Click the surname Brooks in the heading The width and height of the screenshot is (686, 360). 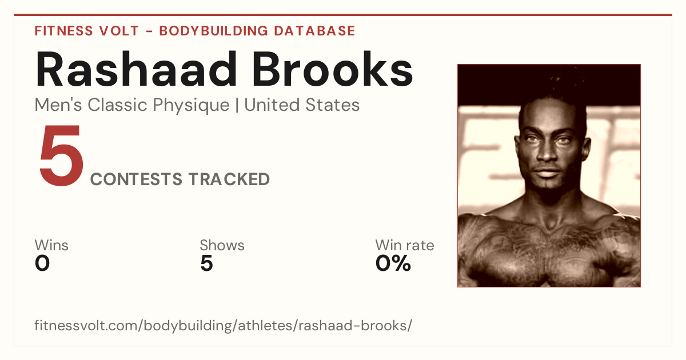click(333, 69)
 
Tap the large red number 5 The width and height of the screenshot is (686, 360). click(62, 155)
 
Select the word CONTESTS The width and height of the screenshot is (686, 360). click(136, 179)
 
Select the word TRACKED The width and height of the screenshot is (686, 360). click(229, 179)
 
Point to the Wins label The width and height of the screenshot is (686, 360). click(51, 245)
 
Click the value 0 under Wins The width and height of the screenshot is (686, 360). click(42, 263)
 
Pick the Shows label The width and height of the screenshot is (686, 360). click(222, 245)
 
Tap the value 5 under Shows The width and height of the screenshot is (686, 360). click(207, 263)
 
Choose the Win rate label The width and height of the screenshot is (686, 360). click(405, 245)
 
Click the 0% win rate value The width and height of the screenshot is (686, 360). click(393, 263)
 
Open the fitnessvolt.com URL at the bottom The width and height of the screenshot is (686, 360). click(224, 325)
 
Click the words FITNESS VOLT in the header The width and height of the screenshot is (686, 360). click(87, 31)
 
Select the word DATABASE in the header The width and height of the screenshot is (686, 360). click(314, 31)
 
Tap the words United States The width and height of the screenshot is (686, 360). click(302, 105)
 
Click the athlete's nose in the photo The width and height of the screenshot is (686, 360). click(547, 151)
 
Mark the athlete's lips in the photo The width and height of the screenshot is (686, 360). click(547, 173)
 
